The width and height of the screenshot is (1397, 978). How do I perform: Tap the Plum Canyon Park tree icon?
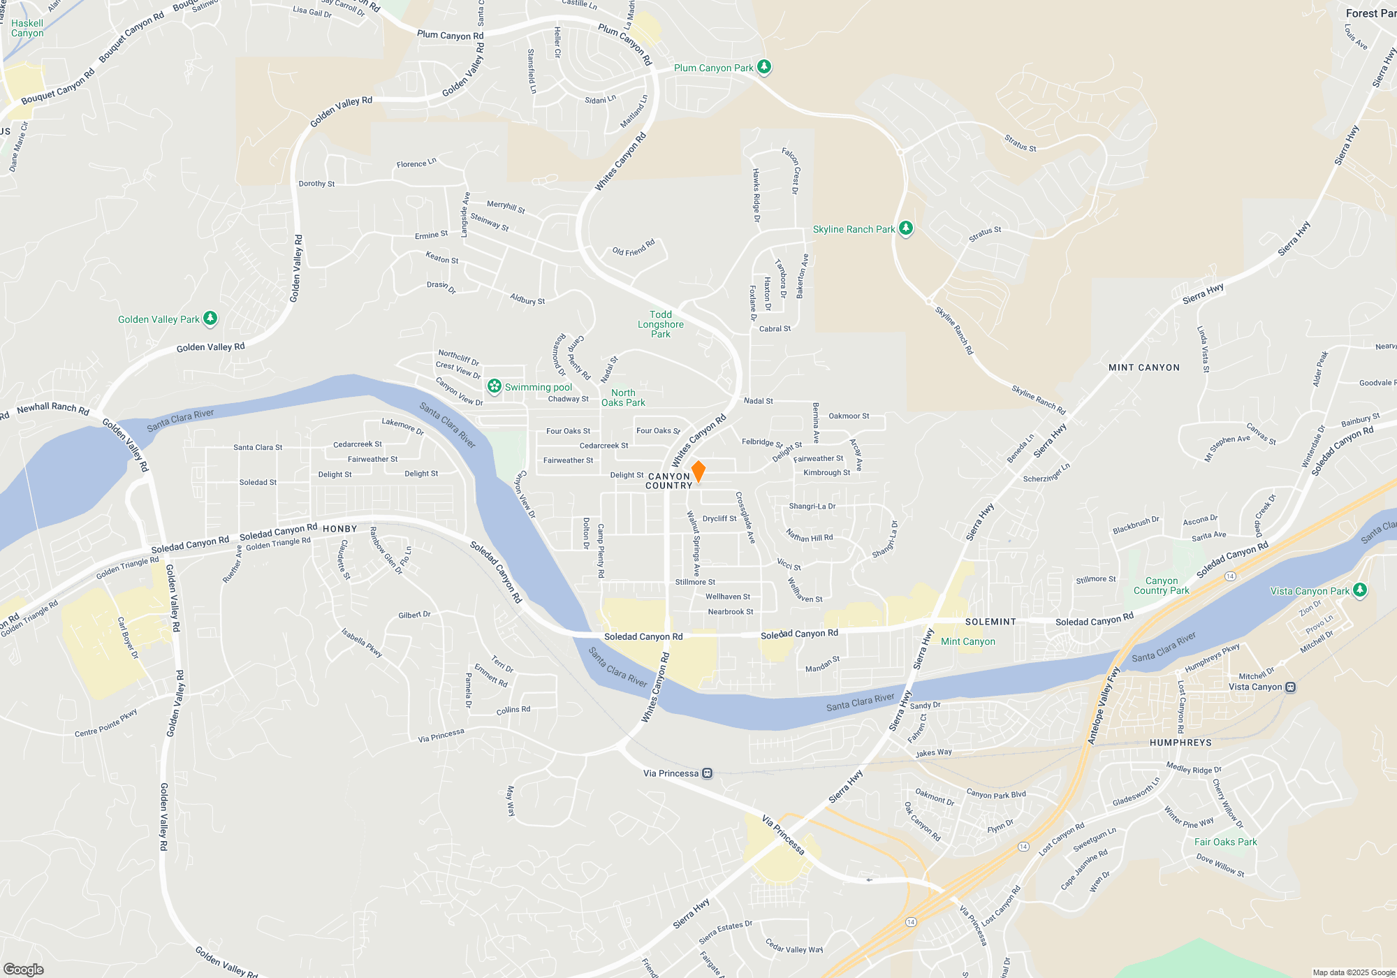(x=764, y=67)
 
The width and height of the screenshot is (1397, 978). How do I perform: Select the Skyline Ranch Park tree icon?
(x=906, y=228)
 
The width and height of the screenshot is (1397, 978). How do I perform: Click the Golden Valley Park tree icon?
(x=210, y=319)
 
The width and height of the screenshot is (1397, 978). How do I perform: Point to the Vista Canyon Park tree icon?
(x=1359, y=590)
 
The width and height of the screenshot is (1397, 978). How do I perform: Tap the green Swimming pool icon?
(x=495, y=386)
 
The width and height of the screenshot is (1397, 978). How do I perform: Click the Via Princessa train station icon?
(x=708, y=773)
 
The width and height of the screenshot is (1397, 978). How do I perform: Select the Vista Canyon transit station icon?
(x=1291, y=687)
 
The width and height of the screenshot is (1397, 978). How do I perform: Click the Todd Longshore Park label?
(x=660, y=324)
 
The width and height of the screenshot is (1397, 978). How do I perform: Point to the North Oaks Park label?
(x=623, y=397)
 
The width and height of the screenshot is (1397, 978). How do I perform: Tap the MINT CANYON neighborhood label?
(x=1143, y=367)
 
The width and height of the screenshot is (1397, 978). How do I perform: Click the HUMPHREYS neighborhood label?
(x=1180, y=743)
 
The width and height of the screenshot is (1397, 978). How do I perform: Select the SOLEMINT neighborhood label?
(x=990, y=622)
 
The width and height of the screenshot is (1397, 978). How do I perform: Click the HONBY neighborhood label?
(x=339, y=529)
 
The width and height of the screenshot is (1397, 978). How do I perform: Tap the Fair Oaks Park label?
(x=1225, y=842)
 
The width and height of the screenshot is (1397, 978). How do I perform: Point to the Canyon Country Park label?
(x=1161, y=585)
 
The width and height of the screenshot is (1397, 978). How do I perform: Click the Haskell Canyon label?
(x=27, y=28)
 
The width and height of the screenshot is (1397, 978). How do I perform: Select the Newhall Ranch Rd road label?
(x=53, y=408)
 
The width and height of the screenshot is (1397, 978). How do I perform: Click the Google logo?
(x=24, y=970)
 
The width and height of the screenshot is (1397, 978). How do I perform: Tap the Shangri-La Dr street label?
(x=812, y=506)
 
